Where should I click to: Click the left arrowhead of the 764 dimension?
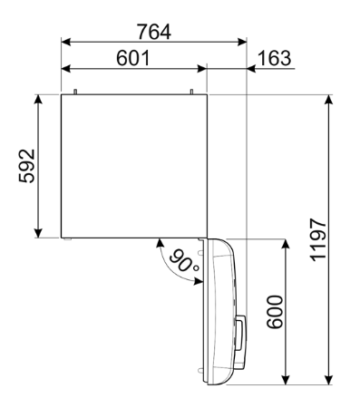pos(64,41)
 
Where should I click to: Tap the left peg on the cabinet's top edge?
pos(76,90)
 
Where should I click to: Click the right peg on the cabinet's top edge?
pos(193,90)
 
